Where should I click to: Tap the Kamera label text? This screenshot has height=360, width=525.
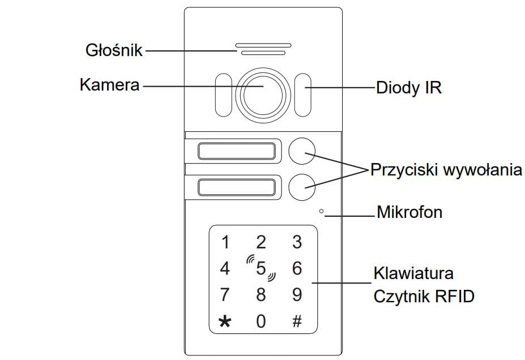click(109, 85)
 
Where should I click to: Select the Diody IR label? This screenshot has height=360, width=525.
click(408, 88)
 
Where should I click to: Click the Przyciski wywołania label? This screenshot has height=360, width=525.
click(446, 170)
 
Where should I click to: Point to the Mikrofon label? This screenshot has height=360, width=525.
click(409, 213)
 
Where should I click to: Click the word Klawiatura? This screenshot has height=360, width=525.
click(413, 273)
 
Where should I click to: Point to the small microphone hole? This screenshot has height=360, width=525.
click(321, 212)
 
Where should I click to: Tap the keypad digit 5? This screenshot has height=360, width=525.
click(261, 268)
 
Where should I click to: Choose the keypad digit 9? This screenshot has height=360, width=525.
click(297, 294)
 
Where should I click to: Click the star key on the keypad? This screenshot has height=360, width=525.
click(225, 322)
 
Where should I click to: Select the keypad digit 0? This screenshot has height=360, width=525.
click(261, 322)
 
